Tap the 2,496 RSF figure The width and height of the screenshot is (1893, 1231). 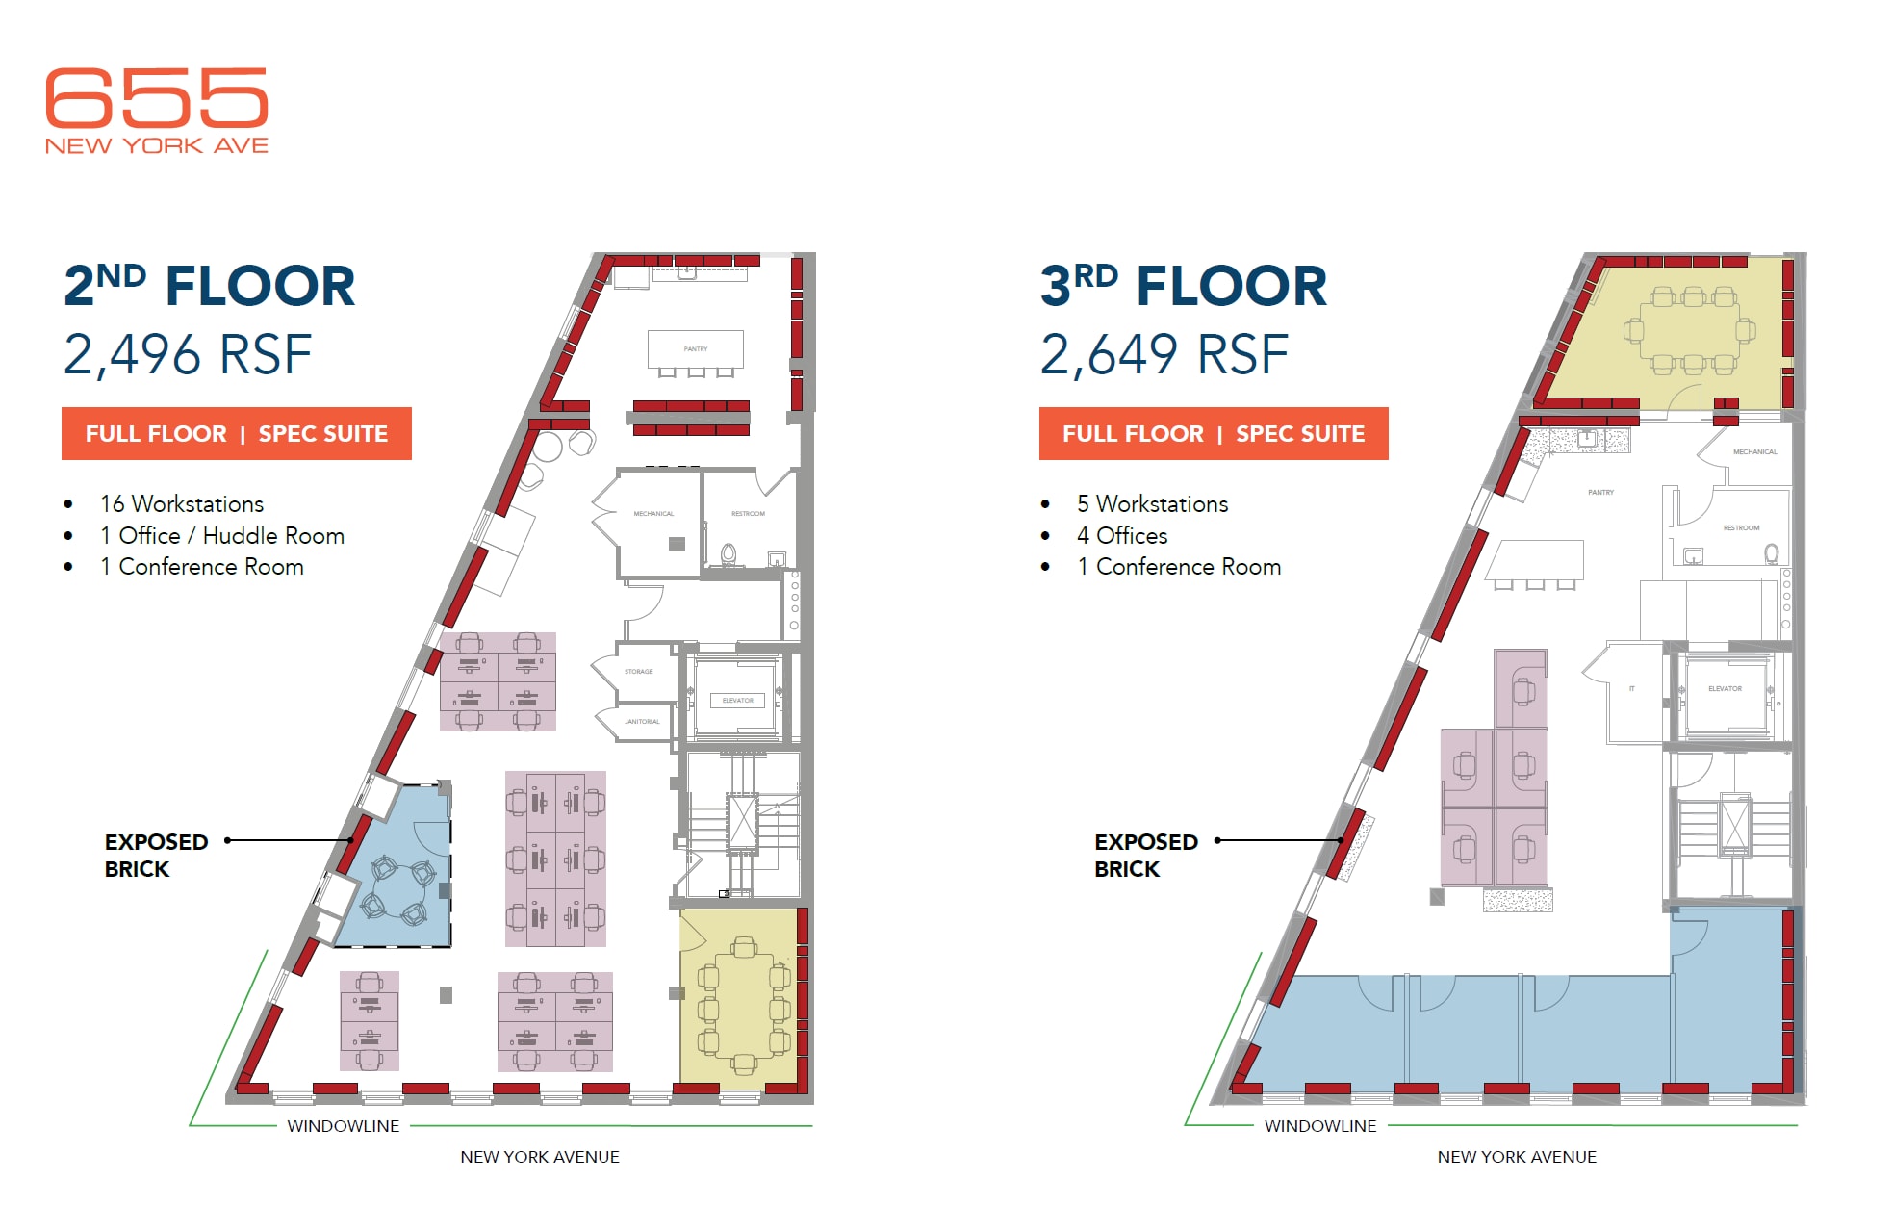pyautogui.click(x=188, y=354)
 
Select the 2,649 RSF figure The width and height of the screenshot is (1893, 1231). pyautogui.click(x=1164, y=354)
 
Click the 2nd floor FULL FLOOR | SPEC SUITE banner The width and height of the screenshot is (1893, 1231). pyautogui.click(x=237, y=434)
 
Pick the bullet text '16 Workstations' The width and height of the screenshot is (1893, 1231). pyautogui.click(x=182, y=504)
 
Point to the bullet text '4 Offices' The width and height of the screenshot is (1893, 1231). pyautogui.click(x=1122, y=536)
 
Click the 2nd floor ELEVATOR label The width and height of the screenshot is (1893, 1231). pyautogui.click(x=738, y=701)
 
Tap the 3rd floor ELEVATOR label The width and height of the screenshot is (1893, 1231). pyautogui.click(x=1725, y=689)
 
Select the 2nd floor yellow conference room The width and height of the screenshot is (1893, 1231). pyautogui.click(x=739, y=1001)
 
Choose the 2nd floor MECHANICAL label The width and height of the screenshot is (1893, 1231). pyautogui.click(x=653, y=514)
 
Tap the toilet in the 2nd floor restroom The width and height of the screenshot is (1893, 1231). pyautogui.click(x=729, y=554)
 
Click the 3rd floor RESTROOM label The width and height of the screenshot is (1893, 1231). pyautogui.click(x=1741, y=528)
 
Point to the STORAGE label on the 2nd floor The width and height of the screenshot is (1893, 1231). pyautogui.click(x=639, y=672)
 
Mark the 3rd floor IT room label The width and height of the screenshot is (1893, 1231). pyautogui.click(x=1632, y=689)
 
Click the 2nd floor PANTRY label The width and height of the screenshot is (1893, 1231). pyautogui.click(x=696, y=349)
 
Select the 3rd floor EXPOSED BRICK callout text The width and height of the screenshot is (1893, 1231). pyautogui.click(x=1145, y=856)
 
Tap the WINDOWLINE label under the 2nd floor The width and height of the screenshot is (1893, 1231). pyautogui.click(x=343, y=1126)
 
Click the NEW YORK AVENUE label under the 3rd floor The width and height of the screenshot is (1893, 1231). pyautogui.click(x=1517, y=1157)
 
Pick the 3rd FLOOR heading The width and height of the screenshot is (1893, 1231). pyautogui.click(x=1184, y=287)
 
